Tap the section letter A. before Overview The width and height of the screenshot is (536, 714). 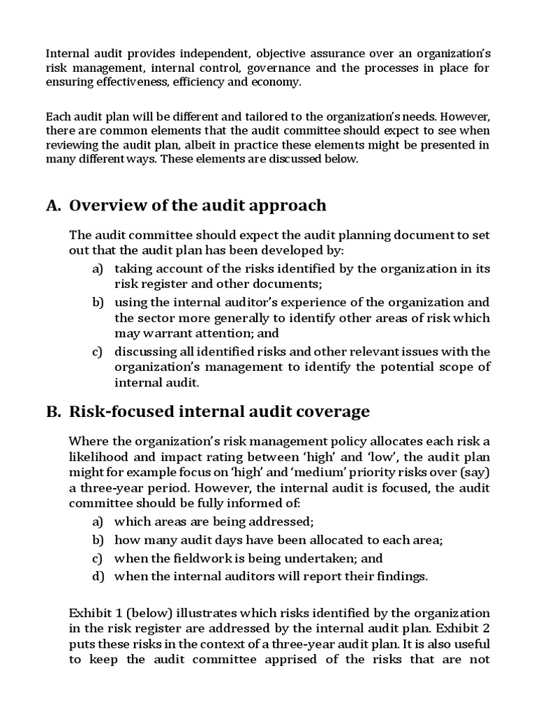(x=54, y=205)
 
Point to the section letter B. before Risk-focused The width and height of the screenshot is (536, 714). (x=54, y=412)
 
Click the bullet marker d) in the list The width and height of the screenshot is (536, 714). (x=97, y=576)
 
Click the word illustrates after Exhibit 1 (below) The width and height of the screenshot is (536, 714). (x=204, y=613)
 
